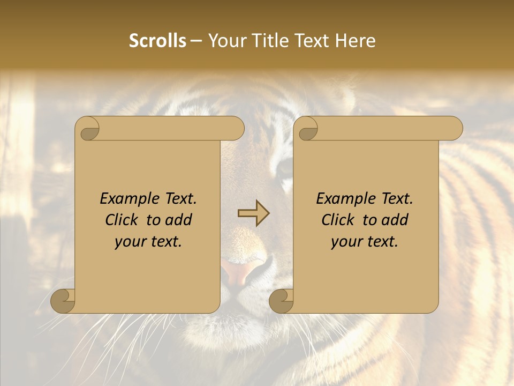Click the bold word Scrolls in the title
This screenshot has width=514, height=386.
[157, 41]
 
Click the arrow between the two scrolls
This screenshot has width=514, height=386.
[254, 213]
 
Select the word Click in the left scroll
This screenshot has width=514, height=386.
[124, 220]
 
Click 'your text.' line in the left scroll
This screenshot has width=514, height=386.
[148, 242]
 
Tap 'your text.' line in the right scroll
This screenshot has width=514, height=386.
[365, 242]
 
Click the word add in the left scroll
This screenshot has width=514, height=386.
[179, 220]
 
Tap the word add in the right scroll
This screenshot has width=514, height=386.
[395, 220]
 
